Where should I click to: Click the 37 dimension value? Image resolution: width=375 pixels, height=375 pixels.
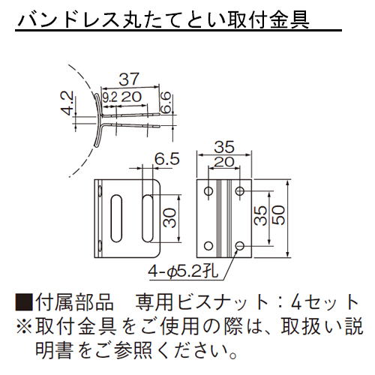(129, 79)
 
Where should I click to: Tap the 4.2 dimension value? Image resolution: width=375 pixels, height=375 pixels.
(67, 103)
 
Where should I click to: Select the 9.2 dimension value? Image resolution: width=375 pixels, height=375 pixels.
(109, 97)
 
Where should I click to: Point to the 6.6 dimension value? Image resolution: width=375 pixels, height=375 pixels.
(166, 102)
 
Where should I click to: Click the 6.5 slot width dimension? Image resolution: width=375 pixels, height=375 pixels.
(167, 158)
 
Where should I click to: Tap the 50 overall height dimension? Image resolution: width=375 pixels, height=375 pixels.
(278, 215)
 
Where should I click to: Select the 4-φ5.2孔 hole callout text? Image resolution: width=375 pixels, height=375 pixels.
(183, 271)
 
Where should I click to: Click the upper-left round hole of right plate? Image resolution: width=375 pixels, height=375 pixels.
(208, 191)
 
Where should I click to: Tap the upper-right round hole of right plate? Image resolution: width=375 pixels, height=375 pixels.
(240, 191)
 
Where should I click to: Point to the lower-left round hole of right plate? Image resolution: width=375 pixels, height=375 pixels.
(208, 246)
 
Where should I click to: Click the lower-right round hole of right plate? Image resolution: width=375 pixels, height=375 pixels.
(240, 246)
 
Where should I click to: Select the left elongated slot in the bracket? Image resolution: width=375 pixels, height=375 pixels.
(115, 218)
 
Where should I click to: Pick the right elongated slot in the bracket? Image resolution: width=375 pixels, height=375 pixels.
(147, 218)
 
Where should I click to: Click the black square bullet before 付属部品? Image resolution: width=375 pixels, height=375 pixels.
(24, 302)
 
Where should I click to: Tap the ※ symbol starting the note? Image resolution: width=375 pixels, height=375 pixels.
(24, 326)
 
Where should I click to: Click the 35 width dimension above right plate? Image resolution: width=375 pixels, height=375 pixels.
(224, 147)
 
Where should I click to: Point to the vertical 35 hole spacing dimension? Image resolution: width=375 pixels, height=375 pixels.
(260, 215)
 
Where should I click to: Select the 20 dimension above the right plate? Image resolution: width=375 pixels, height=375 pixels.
(224, 162)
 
